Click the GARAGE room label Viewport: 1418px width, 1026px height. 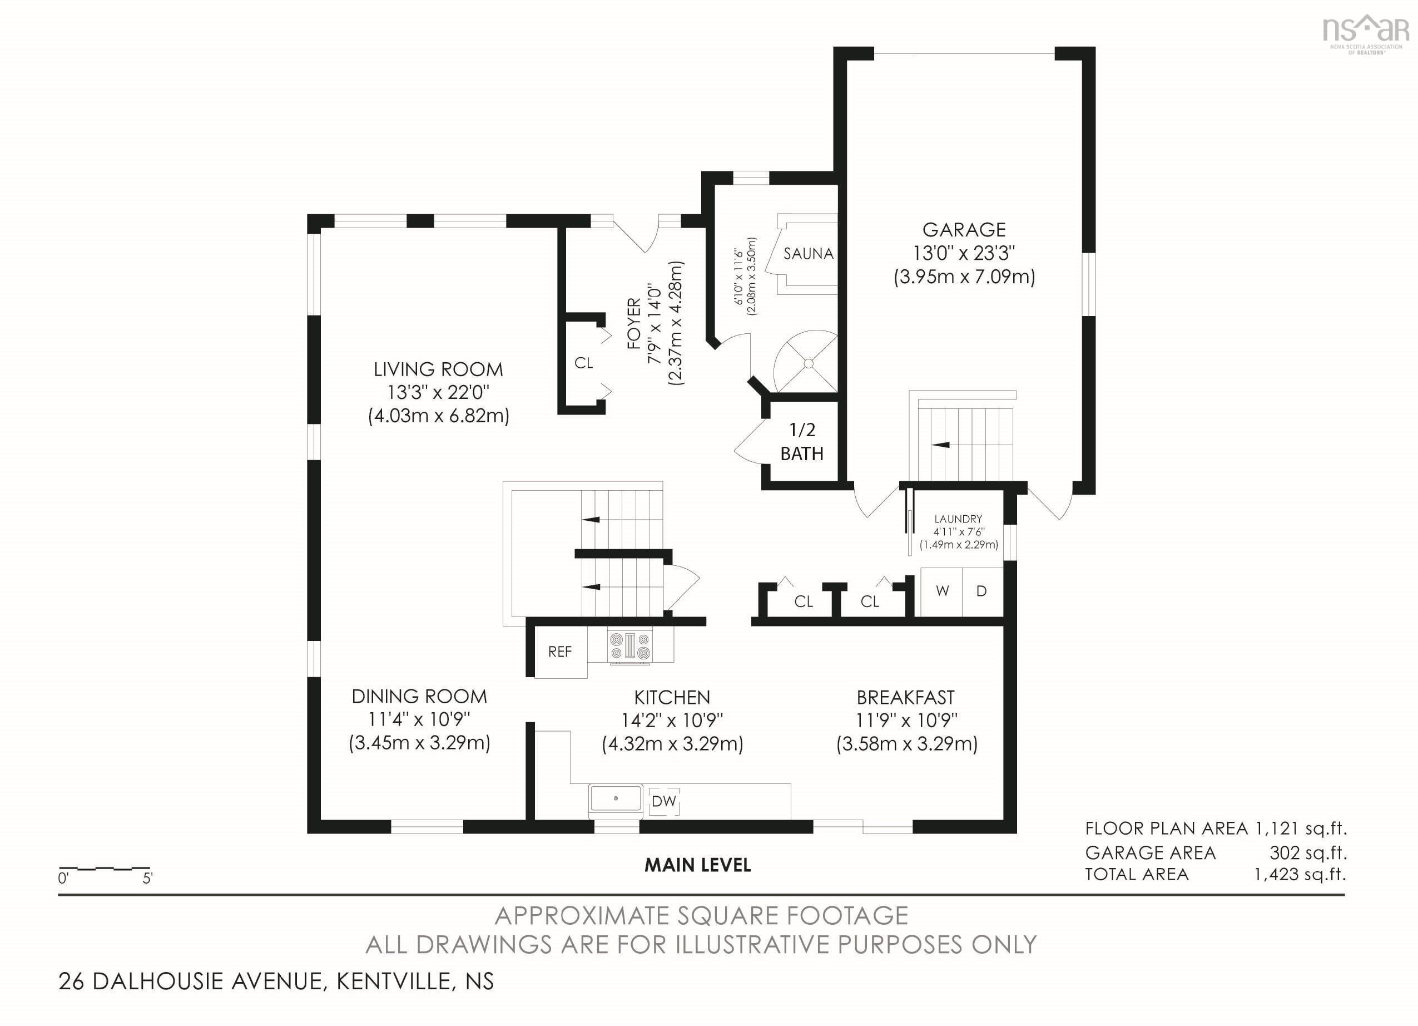[x=964, y=230]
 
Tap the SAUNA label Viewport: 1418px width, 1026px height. [x=809, y=253]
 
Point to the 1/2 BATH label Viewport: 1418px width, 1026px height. [x=802, y=442]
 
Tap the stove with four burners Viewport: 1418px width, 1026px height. [x=631, y=646]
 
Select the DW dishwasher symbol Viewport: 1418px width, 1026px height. [x=664, y=801]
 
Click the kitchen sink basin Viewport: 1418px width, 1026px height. [x=616, y=799]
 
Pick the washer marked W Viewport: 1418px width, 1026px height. [x=941, y=590]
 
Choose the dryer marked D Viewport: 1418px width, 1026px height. [x=982, y=590]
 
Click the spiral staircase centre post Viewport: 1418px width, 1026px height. [x=809, y=363]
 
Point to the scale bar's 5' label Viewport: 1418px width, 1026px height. [x=147, y=879]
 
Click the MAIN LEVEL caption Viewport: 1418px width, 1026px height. [x=698, y=865]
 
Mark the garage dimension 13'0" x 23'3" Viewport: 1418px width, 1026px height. [x=964, y=253]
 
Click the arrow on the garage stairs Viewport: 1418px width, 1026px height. [x=941, y=445]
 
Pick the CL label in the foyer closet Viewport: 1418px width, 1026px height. [x=583, y=363]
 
